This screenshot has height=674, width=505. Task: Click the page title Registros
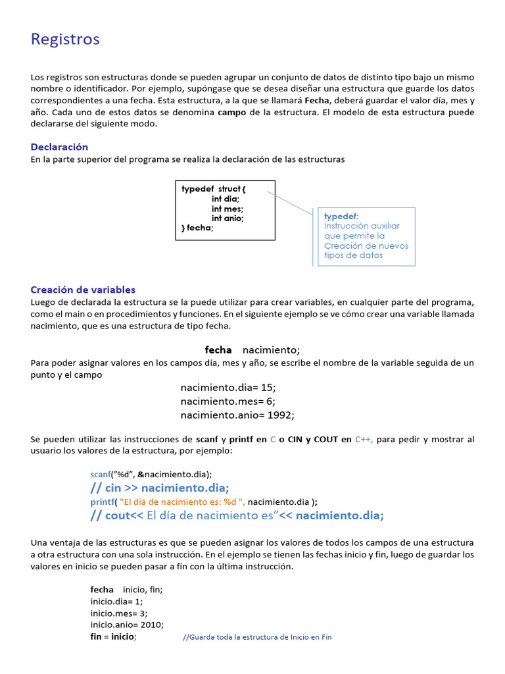[65, 39]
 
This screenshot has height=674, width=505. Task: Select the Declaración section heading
[59, 147]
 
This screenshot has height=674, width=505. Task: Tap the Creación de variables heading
[83, 290]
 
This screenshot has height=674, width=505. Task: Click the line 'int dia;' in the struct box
[226, 199]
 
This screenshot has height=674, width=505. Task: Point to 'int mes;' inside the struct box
[227, 209]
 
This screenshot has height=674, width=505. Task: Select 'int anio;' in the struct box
[228, 219]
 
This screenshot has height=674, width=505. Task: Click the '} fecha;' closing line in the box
[197, 228]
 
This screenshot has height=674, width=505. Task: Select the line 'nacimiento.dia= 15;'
[228, 388]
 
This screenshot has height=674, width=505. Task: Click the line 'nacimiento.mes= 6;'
[228, 401]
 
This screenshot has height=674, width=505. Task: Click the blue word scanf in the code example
[101, 474]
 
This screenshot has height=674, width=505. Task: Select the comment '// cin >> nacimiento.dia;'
[160, 488]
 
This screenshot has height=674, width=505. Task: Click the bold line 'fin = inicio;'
[113, 637]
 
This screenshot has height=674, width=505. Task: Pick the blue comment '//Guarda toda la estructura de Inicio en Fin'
[257, 637]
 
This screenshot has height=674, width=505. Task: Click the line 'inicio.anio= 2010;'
[127, 625]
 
